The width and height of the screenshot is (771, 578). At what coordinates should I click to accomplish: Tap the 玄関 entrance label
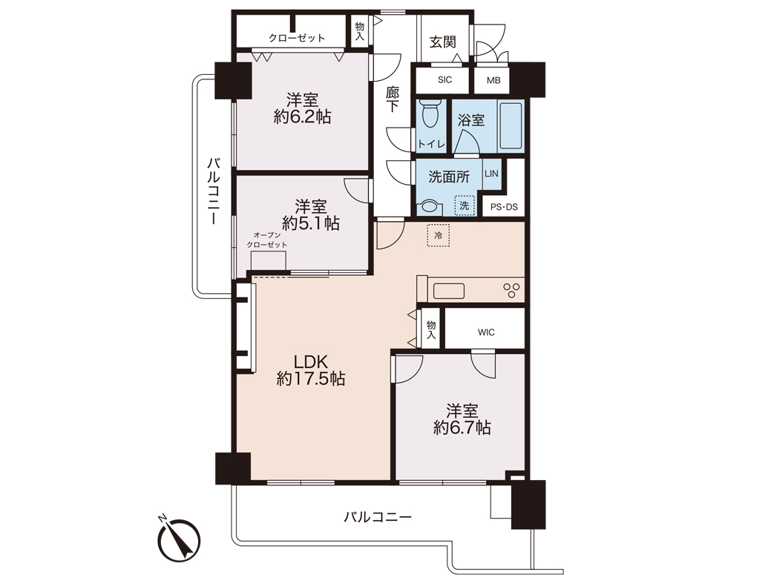click(442, 42)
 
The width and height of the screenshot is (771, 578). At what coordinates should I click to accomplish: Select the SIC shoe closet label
click(444, 79)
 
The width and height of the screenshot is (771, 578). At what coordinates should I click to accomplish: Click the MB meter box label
click(493, 80)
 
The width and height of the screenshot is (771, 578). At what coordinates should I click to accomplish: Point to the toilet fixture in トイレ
click(431, 114)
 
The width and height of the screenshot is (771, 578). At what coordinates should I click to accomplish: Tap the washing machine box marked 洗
click(465, 206)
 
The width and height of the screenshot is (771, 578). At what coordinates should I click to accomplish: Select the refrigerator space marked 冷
click(438, 235)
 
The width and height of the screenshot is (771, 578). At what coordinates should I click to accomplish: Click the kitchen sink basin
click(448, 291)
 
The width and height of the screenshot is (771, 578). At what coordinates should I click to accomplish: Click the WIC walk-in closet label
click(486, 332)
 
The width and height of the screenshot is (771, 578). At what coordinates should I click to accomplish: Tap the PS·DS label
click(504, 208)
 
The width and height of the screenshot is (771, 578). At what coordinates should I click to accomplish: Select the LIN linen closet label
click(491, 174)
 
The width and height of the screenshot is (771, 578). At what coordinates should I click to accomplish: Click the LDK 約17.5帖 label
click(311, 370)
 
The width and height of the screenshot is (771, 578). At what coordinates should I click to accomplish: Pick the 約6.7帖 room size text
click(462, 428)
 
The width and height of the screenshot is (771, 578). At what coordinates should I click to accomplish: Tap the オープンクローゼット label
click(267, 240)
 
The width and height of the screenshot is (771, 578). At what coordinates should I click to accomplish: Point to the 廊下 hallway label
click(393, 99)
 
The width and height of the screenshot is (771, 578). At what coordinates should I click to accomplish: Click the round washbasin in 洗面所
click(430, 206)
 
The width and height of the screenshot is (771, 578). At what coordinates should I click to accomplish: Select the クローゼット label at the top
click(297, 38)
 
